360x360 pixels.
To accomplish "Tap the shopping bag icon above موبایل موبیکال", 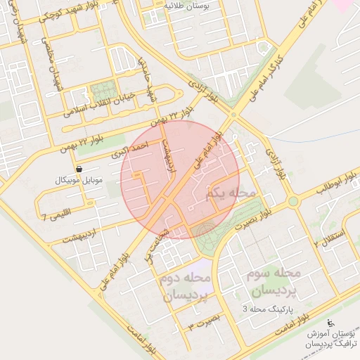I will click(79, 169).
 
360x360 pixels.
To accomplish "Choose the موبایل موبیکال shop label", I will click(79, 181).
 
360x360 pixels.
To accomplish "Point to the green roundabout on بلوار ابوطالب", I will click(293, 202).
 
